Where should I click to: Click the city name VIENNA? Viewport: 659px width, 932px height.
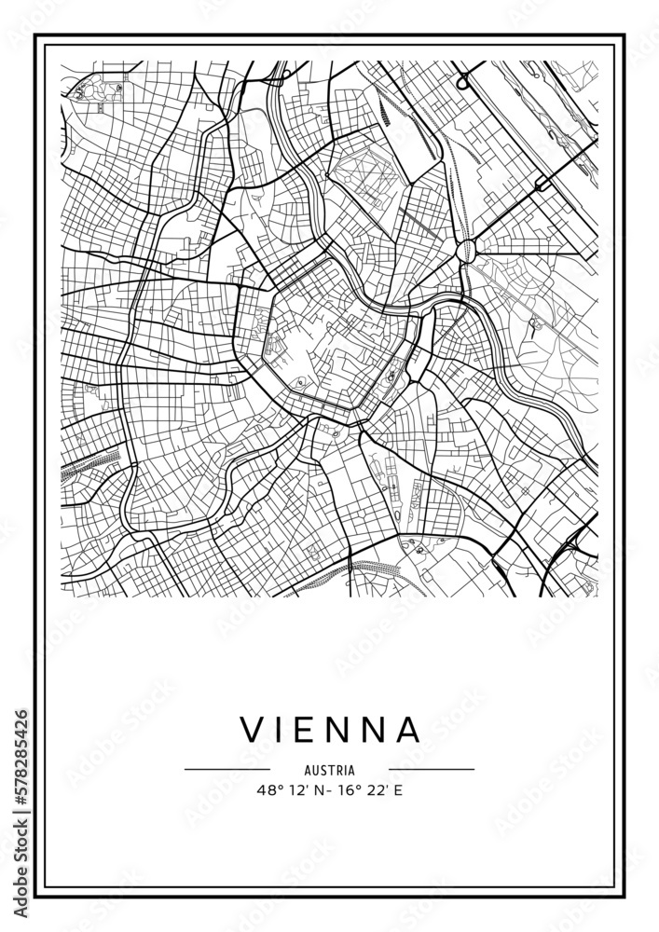[x=331, y=730]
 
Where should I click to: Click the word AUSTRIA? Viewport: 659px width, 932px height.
[x=329, y=771]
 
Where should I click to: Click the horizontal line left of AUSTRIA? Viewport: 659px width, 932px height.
[x=227, y=770]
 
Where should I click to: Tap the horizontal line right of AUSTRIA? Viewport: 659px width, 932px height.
[x=432, y=770]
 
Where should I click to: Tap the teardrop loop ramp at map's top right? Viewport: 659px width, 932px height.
[x=463, y=81]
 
